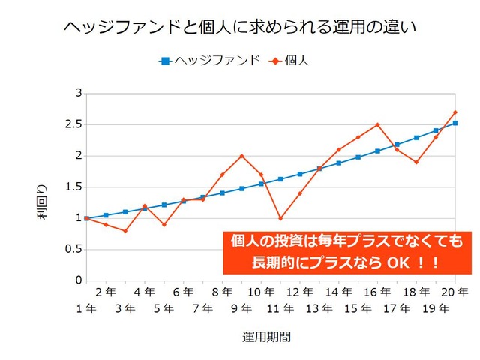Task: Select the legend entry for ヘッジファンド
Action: (210, 61)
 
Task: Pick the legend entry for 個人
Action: (289, 61)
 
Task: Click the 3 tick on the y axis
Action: (79, 93)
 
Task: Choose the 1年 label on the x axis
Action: (85, 307)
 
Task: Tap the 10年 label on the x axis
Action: (260, 292)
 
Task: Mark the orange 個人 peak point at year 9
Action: (241, 156)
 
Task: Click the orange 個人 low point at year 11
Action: (280, 218)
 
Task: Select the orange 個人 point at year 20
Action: (455, 112)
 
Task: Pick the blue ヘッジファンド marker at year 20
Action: (455, 123)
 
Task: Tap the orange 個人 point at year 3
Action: (125, 231)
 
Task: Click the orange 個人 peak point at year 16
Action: (377, 124)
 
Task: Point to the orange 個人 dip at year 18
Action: (416, 162)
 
